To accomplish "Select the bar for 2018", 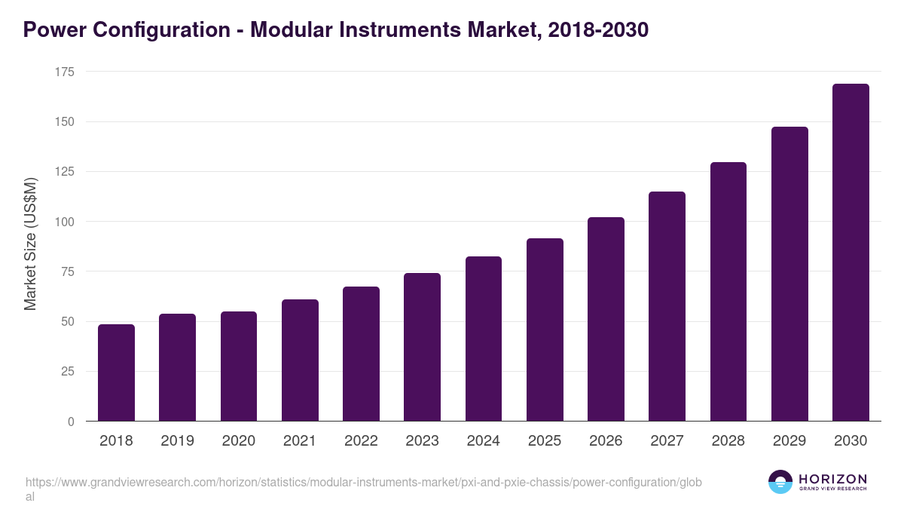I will pos(117,373).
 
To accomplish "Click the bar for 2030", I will pos(851,253).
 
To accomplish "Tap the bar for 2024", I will pos(484,339).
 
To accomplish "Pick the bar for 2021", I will pos(300,360).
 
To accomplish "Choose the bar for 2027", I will pos(667,306).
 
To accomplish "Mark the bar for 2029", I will pos(789,274).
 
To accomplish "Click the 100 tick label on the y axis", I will pos(65,222).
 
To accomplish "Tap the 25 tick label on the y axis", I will pos(68,371).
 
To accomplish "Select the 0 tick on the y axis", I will pos(71,422).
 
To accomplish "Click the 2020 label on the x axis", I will pos(238,441).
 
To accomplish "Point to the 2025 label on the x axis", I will pos(545,441).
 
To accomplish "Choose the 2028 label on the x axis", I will pos(728,441).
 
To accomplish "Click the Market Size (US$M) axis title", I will pos(30,244).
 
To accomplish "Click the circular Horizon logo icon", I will pos(780,482).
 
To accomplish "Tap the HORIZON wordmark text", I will pos(832,479).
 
